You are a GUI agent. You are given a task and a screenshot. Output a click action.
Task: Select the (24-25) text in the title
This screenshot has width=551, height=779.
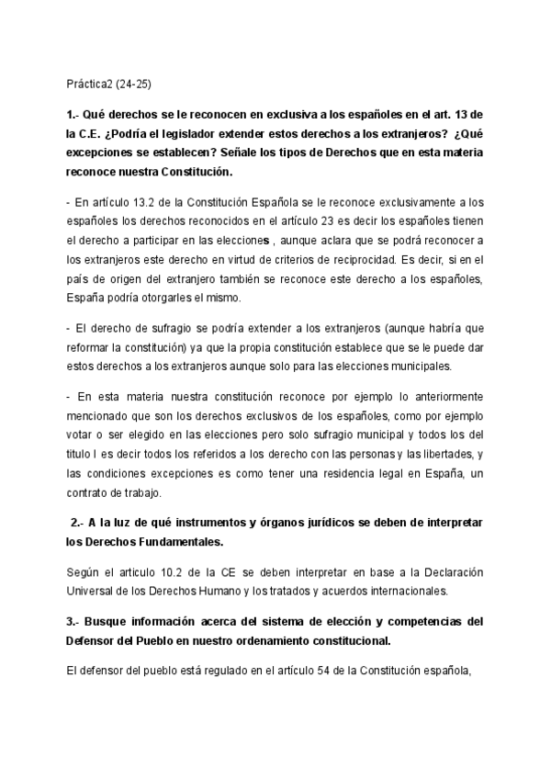click(134, 84)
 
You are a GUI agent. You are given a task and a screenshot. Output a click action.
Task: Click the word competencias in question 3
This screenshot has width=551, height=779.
click(406, 621)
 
